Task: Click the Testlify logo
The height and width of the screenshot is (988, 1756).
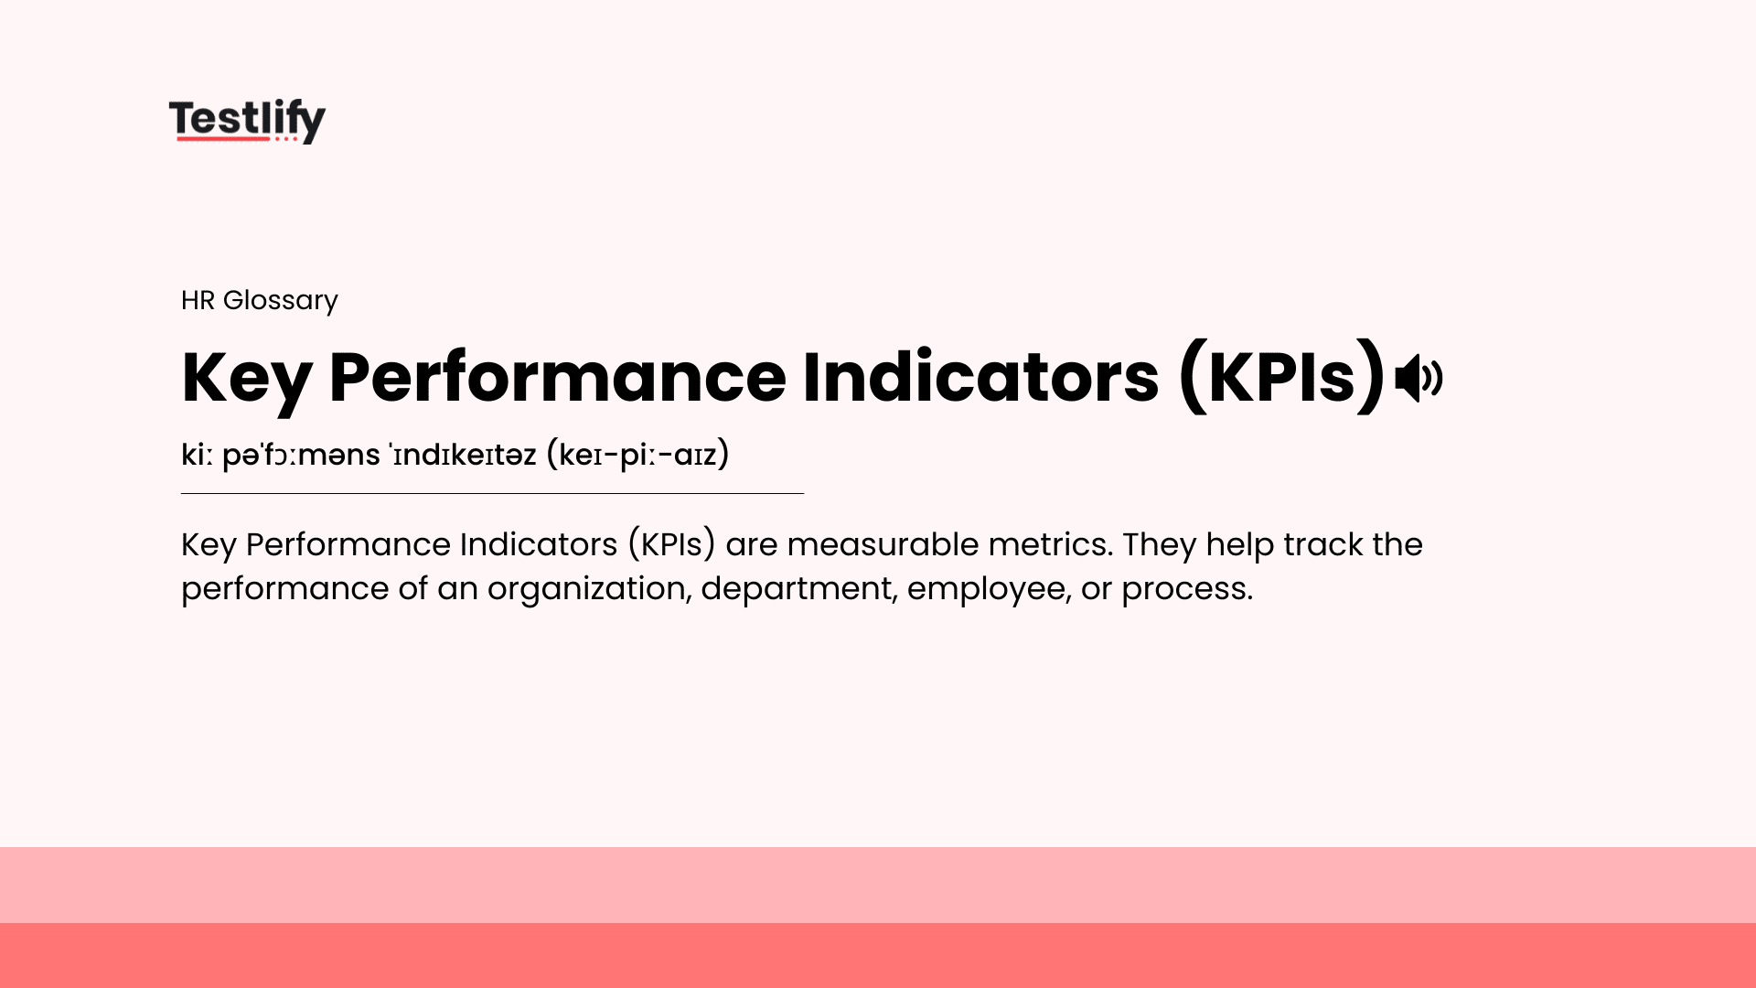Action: (x=247, y=119)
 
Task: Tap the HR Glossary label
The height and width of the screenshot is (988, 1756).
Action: (x=260, y=300)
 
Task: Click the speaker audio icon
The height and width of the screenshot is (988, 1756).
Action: (x=1419, y=378)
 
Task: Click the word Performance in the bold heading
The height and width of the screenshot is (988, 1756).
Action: (x=557, y=378)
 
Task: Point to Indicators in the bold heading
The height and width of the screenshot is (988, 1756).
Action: (x=980, y=378)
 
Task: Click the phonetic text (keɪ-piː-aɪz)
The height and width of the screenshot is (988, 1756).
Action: (x=637, y=455)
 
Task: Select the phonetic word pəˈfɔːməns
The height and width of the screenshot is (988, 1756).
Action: (x=301, y=455)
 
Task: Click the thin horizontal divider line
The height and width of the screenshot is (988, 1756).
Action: (x=492, y=494)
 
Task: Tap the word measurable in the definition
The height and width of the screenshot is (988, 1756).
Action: (x=882, y=545)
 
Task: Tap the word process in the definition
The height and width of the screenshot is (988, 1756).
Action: (x=1186, y=589)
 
